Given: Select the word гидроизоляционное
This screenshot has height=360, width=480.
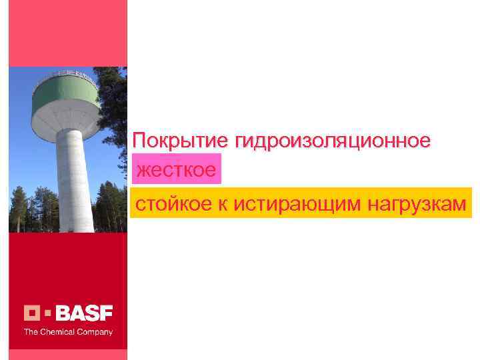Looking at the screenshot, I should [x=332, y=141].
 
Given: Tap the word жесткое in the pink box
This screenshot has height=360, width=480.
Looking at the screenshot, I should [x=176, y=171].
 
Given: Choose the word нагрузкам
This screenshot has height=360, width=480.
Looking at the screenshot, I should [x=416, y=204].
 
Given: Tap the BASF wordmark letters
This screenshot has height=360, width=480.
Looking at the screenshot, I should [x=85, y=313].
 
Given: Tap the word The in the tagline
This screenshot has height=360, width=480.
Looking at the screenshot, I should [x=31, y=331].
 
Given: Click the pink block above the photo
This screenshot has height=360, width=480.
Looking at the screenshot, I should [x=67, y=33].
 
